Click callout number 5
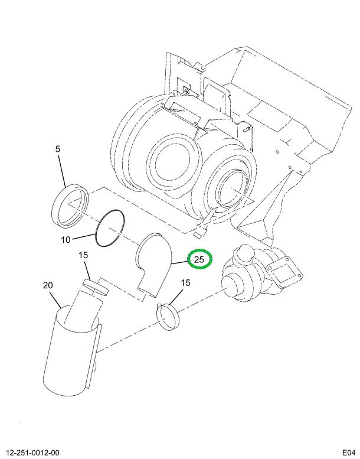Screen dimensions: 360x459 (x=58, y=149)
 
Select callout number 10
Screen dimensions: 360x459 (x=66, y=240)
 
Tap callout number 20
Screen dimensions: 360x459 (x=48, y=285)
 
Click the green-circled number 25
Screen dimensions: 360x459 (x=199, y=259)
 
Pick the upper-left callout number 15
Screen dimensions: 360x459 (x=83, y=255)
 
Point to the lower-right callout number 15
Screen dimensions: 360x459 (x=185, y=283)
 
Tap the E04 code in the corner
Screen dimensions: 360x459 (x=349, y=453)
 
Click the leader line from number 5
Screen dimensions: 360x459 (x=62, y=171)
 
